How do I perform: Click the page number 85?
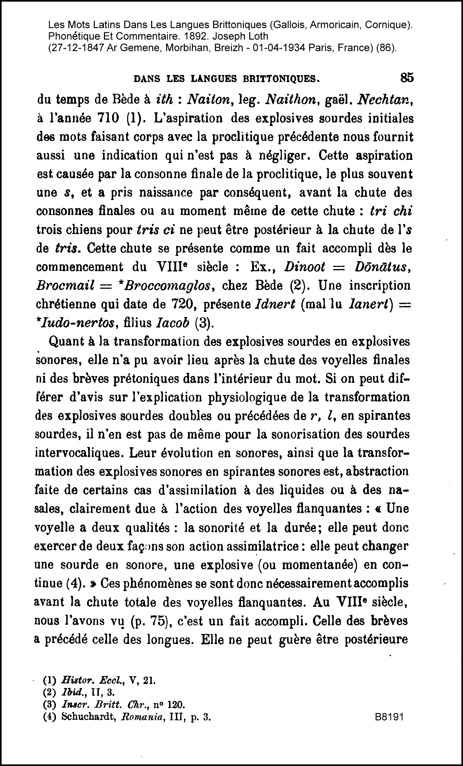click(x=407, y=78)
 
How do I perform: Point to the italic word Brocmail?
click(x=65, y=286)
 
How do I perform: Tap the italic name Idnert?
click(x=274, y=304)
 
